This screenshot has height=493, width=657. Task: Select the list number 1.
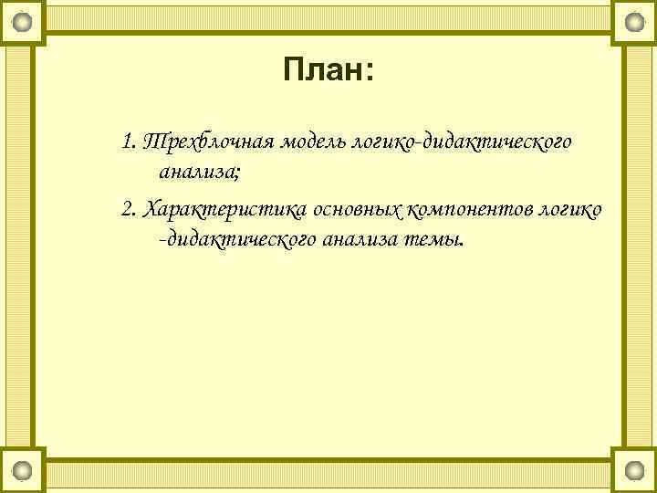(x=127, y=142)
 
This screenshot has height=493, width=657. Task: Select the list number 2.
(x=128, y=210)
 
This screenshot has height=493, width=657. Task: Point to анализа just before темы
(x=349, y=239)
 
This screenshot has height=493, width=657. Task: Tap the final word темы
(x=432, y=239)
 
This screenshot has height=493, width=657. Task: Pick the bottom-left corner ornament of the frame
(x=22, y=470)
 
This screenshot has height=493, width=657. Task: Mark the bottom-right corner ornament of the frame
(x=634, y=470)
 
